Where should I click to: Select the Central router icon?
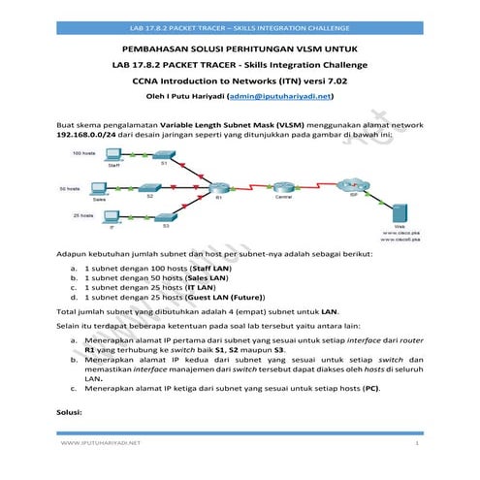(283, 186)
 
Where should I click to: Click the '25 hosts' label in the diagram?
(80, 214)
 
